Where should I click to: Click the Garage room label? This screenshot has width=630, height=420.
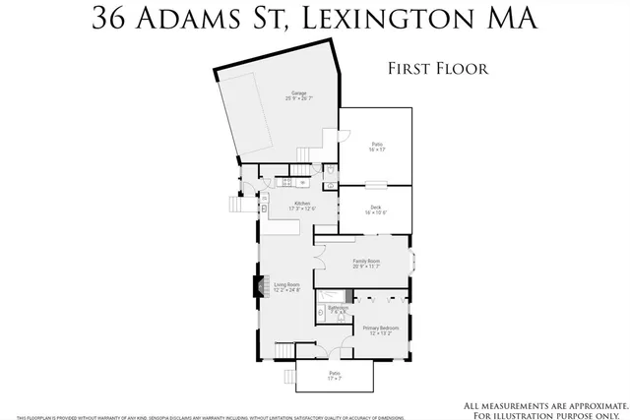[298, 96]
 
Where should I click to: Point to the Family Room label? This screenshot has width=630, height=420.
[366, 264]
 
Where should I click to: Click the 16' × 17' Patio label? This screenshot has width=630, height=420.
[376, 147]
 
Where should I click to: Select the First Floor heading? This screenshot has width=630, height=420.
[440, 69]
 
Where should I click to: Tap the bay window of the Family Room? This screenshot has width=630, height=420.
[411, 263]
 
